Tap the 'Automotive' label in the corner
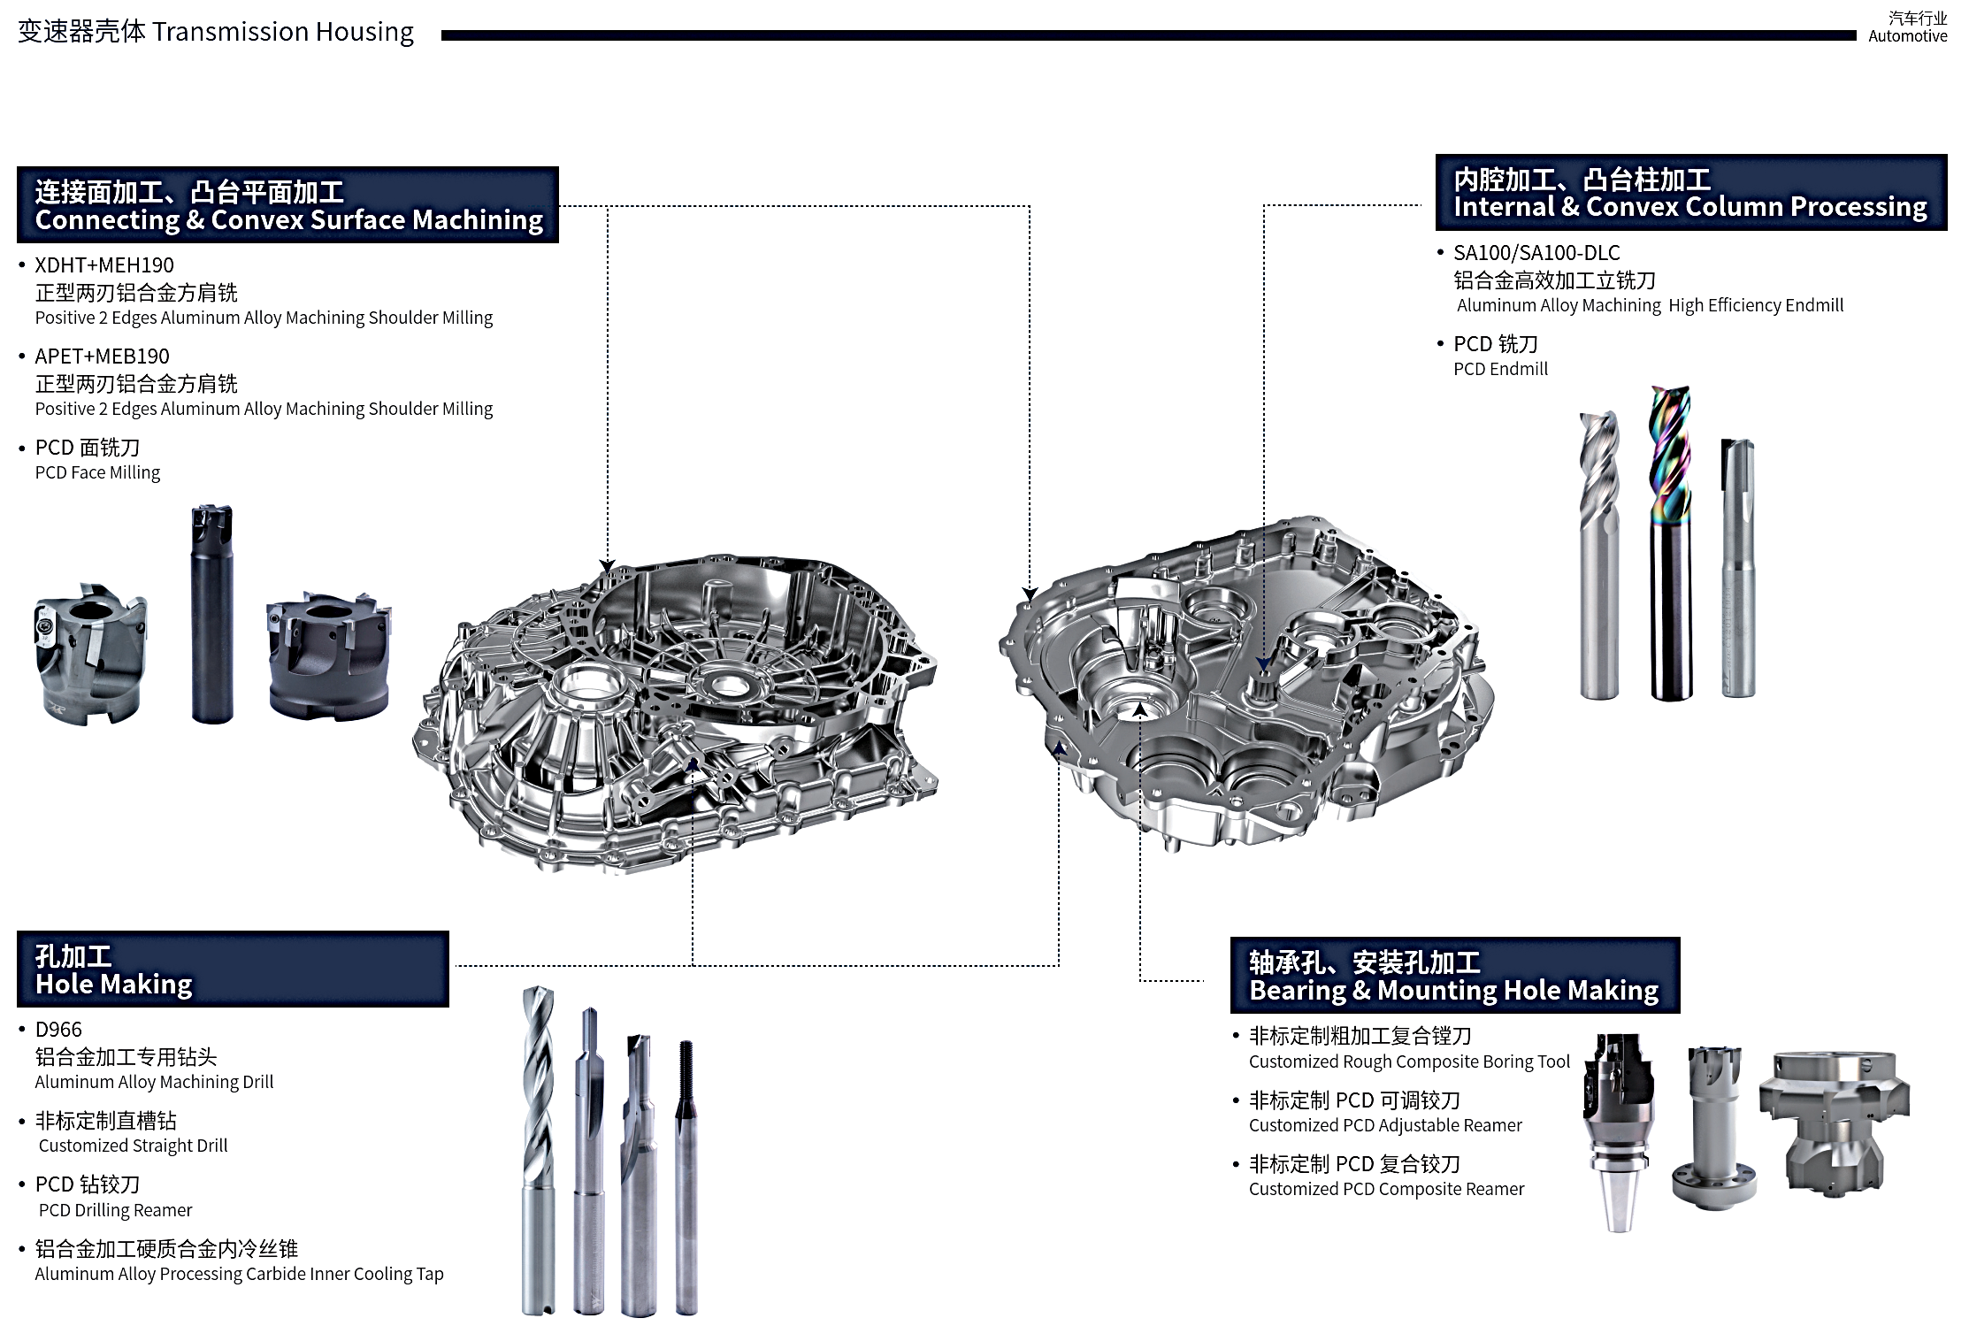click(x=1907, y=36)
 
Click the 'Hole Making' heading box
click(x=232, y=970)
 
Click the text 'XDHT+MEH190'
click(x=104, y=265)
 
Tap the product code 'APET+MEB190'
click(x=102, y=356)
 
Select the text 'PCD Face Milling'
click(x=97, y=473)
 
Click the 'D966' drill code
click(x=58, y=1030)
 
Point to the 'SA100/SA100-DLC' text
click(x=1536, y=253)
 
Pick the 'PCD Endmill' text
click(x=1500, y=370)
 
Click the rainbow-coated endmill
click(x=1670, y=540)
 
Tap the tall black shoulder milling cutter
click(x=212, y=615)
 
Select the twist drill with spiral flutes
click(x=539, y=1150)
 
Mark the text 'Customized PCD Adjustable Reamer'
click(x=1385, y=1126)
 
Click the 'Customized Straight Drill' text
click(x=133, y=1146)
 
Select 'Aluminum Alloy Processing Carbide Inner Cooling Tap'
click(x=239, y=1275)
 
